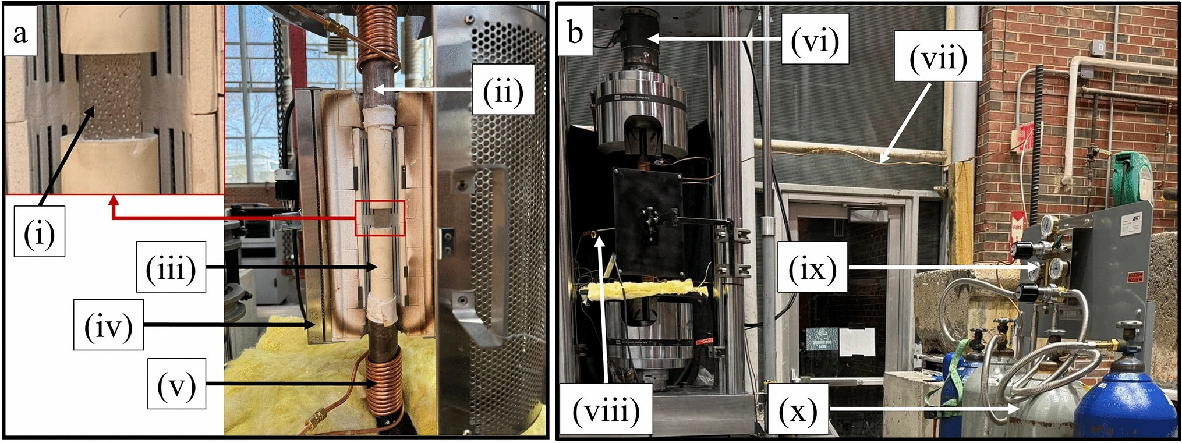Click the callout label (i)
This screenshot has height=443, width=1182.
pyautogui.click(x=39, y=231)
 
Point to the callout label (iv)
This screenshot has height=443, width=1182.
pyautogui.click(x=108, y=324)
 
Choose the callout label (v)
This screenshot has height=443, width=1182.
pyautogui.click(x=176, y=383)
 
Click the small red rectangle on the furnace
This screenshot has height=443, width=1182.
pyautogui.click(x=380, y=218)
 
